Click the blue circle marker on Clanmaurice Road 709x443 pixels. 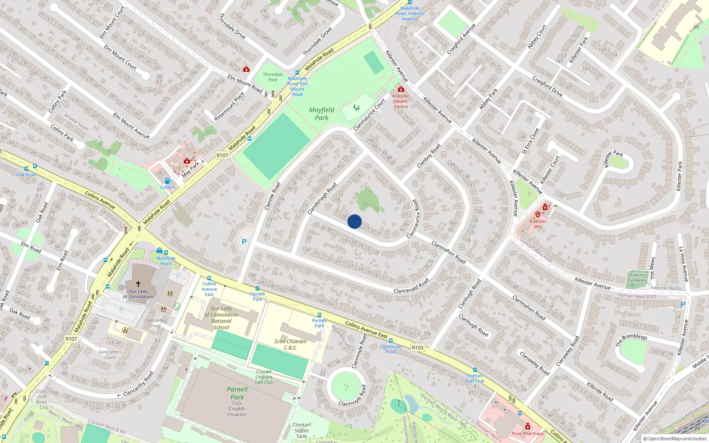coord(354,221)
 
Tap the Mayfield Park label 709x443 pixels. coord(322,114)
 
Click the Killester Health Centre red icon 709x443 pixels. coord(401,89)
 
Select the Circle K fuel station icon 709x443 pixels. coord(168,181)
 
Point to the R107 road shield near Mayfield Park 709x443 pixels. coord(222,155)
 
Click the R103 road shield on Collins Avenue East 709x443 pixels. coord(417,347)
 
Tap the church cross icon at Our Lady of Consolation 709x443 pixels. coord(138,284)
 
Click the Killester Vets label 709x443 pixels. coord(538,224)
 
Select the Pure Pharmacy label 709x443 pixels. coord(527,433)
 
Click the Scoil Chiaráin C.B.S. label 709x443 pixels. coord(290,344)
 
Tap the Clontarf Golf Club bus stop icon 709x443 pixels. coord(475,370)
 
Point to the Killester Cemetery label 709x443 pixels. coord(638,277)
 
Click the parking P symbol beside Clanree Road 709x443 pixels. coord(244,242)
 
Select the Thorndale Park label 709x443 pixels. coord(273,77)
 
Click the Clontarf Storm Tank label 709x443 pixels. coord(302,430)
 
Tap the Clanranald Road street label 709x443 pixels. coord(411,286)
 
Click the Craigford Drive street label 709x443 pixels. coord(547,87)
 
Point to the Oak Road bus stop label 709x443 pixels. coord(26,175)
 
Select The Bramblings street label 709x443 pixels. coord(631,339)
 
